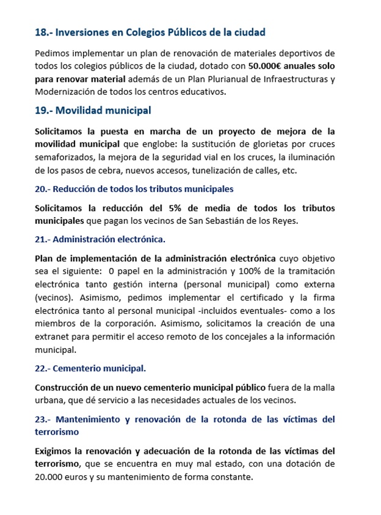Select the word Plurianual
click(205, 79)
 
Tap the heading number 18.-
click(44, 32)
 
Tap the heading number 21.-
click(43, 239)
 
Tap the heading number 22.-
click(43, 369)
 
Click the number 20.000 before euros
click(50, 477)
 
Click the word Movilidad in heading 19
click(81, 111)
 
